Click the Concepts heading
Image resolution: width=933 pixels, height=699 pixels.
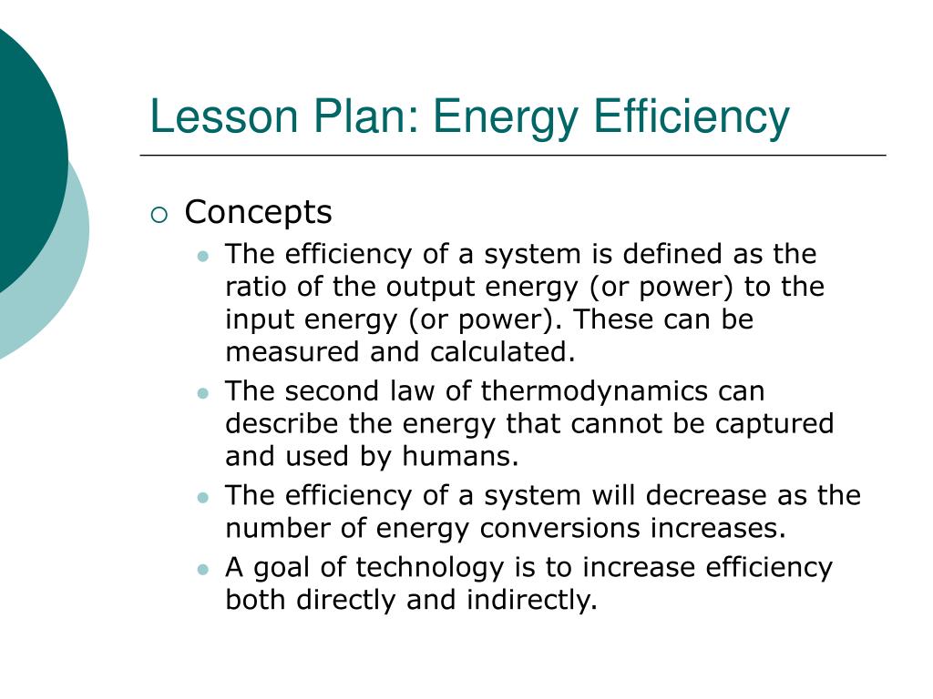pyautogui.click(x=258, y=213)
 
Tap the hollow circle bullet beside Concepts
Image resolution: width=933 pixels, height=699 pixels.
pyautogui.click(x=159, y=215)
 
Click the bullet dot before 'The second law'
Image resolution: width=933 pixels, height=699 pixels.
pyautogui.click(x=203, y=393)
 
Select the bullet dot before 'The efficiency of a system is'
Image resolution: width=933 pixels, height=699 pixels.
pyautogui.click(x=203, y=256)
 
